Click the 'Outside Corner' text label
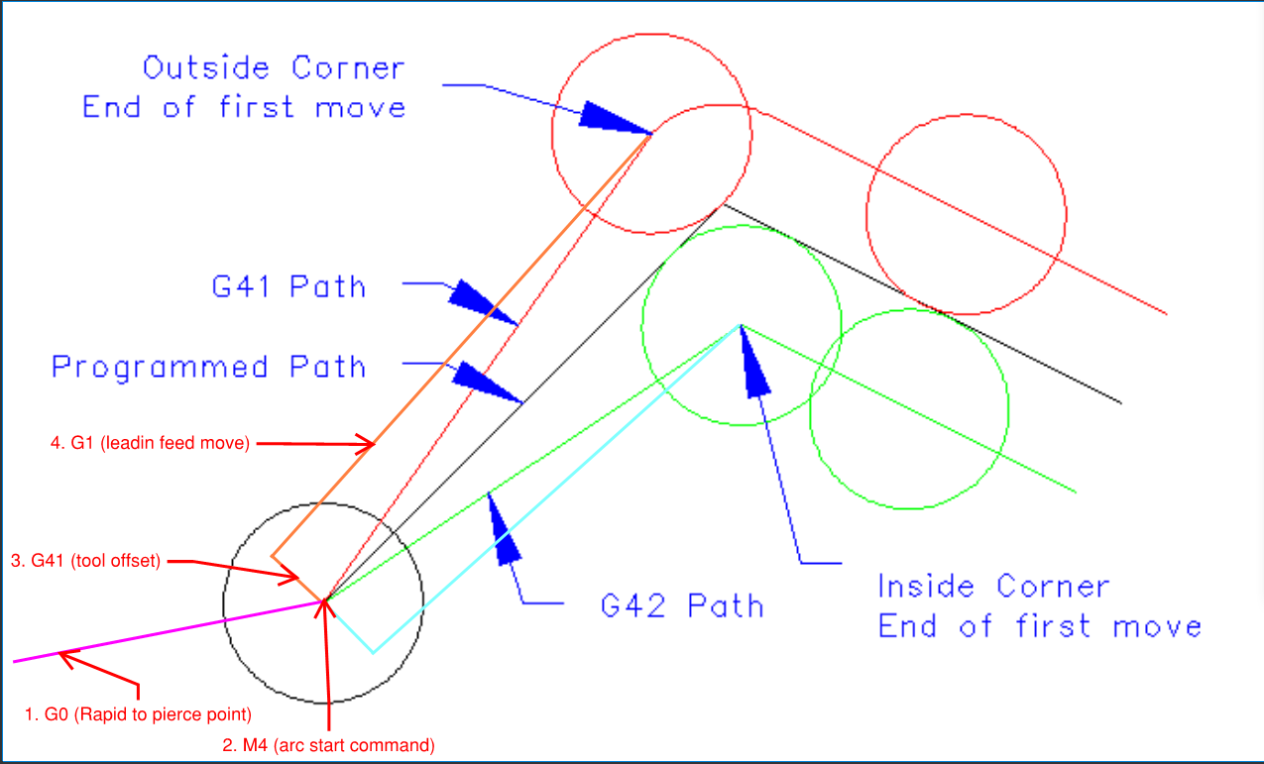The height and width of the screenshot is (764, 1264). tap(274, 68)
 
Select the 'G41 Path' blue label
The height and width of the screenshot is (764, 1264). tap(288, 287)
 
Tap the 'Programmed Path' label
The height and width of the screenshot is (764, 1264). tap(209, 368)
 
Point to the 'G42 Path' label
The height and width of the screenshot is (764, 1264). tap(682, 604)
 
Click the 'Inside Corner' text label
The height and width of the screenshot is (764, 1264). tap(992, 587)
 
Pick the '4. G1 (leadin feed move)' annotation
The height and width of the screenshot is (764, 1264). tap(149, 444)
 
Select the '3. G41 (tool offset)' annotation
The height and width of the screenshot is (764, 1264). tap(85, 561)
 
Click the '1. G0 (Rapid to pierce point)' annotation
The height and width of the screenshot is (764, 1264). tap(138, 713)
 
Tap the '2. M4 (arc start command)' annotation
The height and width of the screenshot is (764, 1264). tap(327, 744)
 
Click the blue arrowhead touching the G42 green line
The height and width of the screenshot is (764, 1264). tap(504, 525)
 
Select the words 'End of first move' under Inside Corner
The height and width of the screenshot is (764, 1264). tap(1039, 626)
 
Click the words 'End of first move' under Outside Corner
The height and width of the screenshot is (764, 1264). tap(244, 107)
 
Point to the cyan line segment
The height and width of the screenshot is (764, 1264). tap(555, 486)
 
